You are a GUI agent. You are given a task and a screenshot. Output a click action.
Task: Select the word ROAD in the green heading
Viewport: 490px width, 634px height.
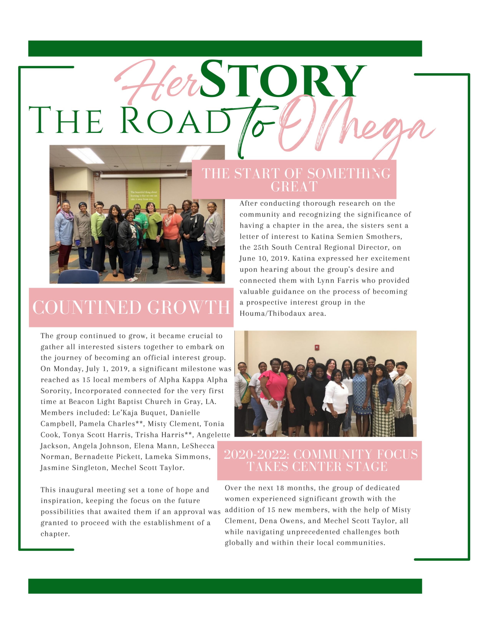pyautogui.click(x=176, y=120)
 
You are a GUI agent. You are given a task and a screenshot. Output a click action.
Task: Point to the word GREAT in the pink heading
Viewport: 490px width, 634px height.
pyautogui.click(x=294, y=187)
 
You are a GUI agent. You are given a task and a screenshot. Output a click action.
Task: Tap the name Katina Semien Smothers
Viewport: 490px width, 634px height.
pyautogui.click(x=356, y=237)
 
